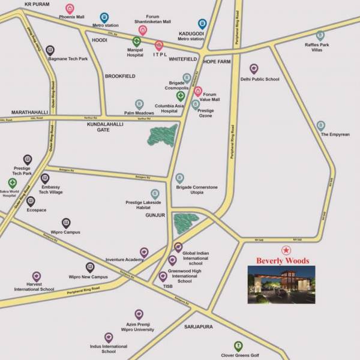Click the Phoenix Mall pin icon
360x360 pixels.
[x=70, y=8]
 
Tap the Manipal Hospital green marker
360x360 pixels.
[x=137, y=42]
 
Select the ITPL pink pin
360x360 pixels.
[x=159, y=45]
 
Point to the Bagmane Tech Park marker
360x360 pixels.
[x=50, y=50]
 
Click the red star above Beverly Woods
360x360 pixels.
[x=286, y=250]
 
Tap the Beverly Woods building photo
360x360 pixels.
[x=281, y=284]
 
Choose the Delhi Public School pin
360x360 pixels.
[x=254, y=69]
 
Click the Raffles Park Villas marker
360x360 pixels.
[x=320, y=36]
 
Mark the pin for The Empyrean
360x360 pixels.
[x=321, y=125]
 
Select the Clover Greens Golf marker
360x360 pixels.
[x=238, y=346]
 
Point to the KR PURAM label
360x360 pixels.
[x=35, y=4]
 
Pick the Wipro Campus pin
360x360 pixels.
[x=66, y=223]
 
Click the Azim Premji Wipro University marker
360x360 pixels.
[x=139, y=314]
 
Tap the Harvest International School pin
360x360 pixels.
[x=37, y=276]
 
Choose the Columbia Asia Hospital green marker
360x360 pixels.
[x=181, y=96]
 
